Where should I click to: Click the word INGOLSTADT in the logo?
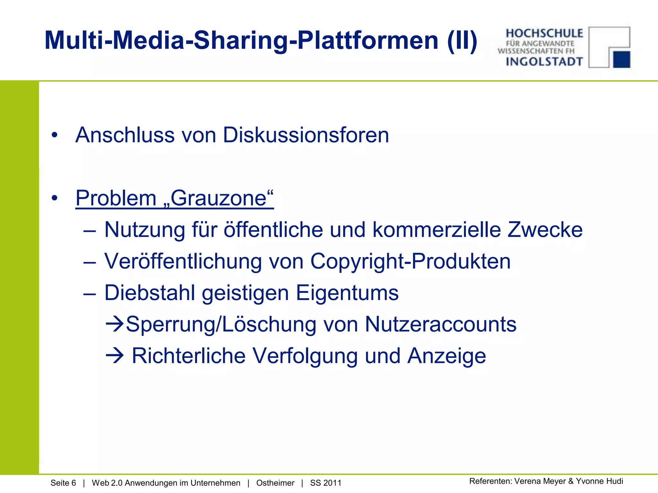tap(544, 61)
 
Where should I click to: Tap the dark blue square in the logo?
tap(621, 59)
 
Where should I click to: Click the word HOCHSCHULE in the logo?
tap(544, 33)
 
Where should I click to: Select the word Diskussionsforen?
tap(306, 135)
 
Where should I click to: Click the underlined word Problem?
tap(116, 198)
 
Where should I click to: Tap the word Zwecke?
tap(545, 230)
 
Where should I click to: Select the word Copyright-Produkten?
tap(410, 261)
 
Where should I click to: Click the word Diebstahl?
tap(150, 293)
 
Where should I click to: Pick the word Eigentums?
tap(347, 293)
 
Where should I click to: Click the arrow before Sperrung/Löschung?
tap(114, 324)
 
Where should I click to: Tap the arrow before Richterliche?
tap(114, 356)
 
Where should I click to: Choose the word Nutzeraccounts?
tap(440, 324)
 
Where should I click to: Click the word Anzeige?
tap(447, 356)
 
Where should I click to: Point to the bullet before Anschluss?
tap(55, 135)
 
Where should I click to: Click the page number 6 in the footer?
tap(74, 483)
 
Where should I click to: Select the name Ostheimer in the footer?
tap(275, 483)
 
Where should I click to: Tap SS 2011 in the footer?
tap(325, 483)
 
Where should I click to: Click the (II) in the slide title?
tap(462, 40)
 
